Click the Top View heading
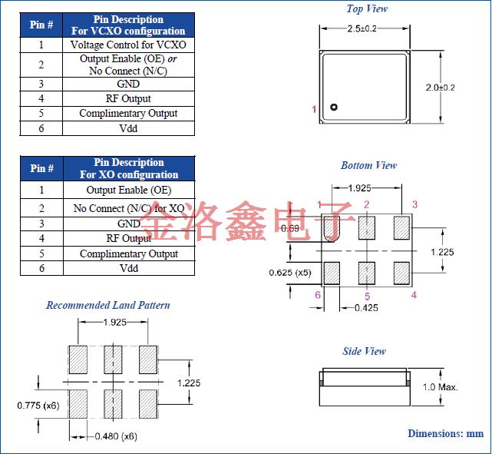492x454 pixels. pyautogui.click(x=367, y=9)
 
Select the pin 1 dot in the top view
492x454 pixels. pyautogui.click(x=333, y=108)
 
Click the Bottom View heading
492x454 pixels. pyautogui.click(x=368, y=165)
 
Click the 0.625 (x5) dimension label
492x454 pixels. pyautogui.click(x=290, y=273)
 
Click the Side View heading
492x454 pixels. pyautogui.click(x=364, y=351)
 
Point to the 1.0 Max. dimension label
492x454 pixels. pyautogui.click(x=440, y=386)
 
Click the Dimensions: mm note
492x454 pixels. pyautogui.click(x=445, y=433)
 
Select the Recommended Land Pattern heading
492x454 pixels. pyautogui.click(x=108, y=305)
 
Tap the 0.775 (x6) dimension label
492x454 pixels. pyautogui.click(x=38, y=405)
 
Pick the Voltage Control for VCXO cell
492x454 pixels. pyautogui.click(x=128, y=45)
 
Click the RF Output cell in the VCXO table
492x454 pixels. pyautogui.click(x=128, y=98)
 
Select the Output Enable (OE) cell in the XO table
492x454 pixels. pyautogui.click(x=128, y=190)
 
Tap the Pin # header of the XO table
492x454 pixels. pyautogui.click(x=41, y=168)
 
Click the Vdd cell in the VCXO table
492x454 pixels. pyautogui.click(x=128, y=128)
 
